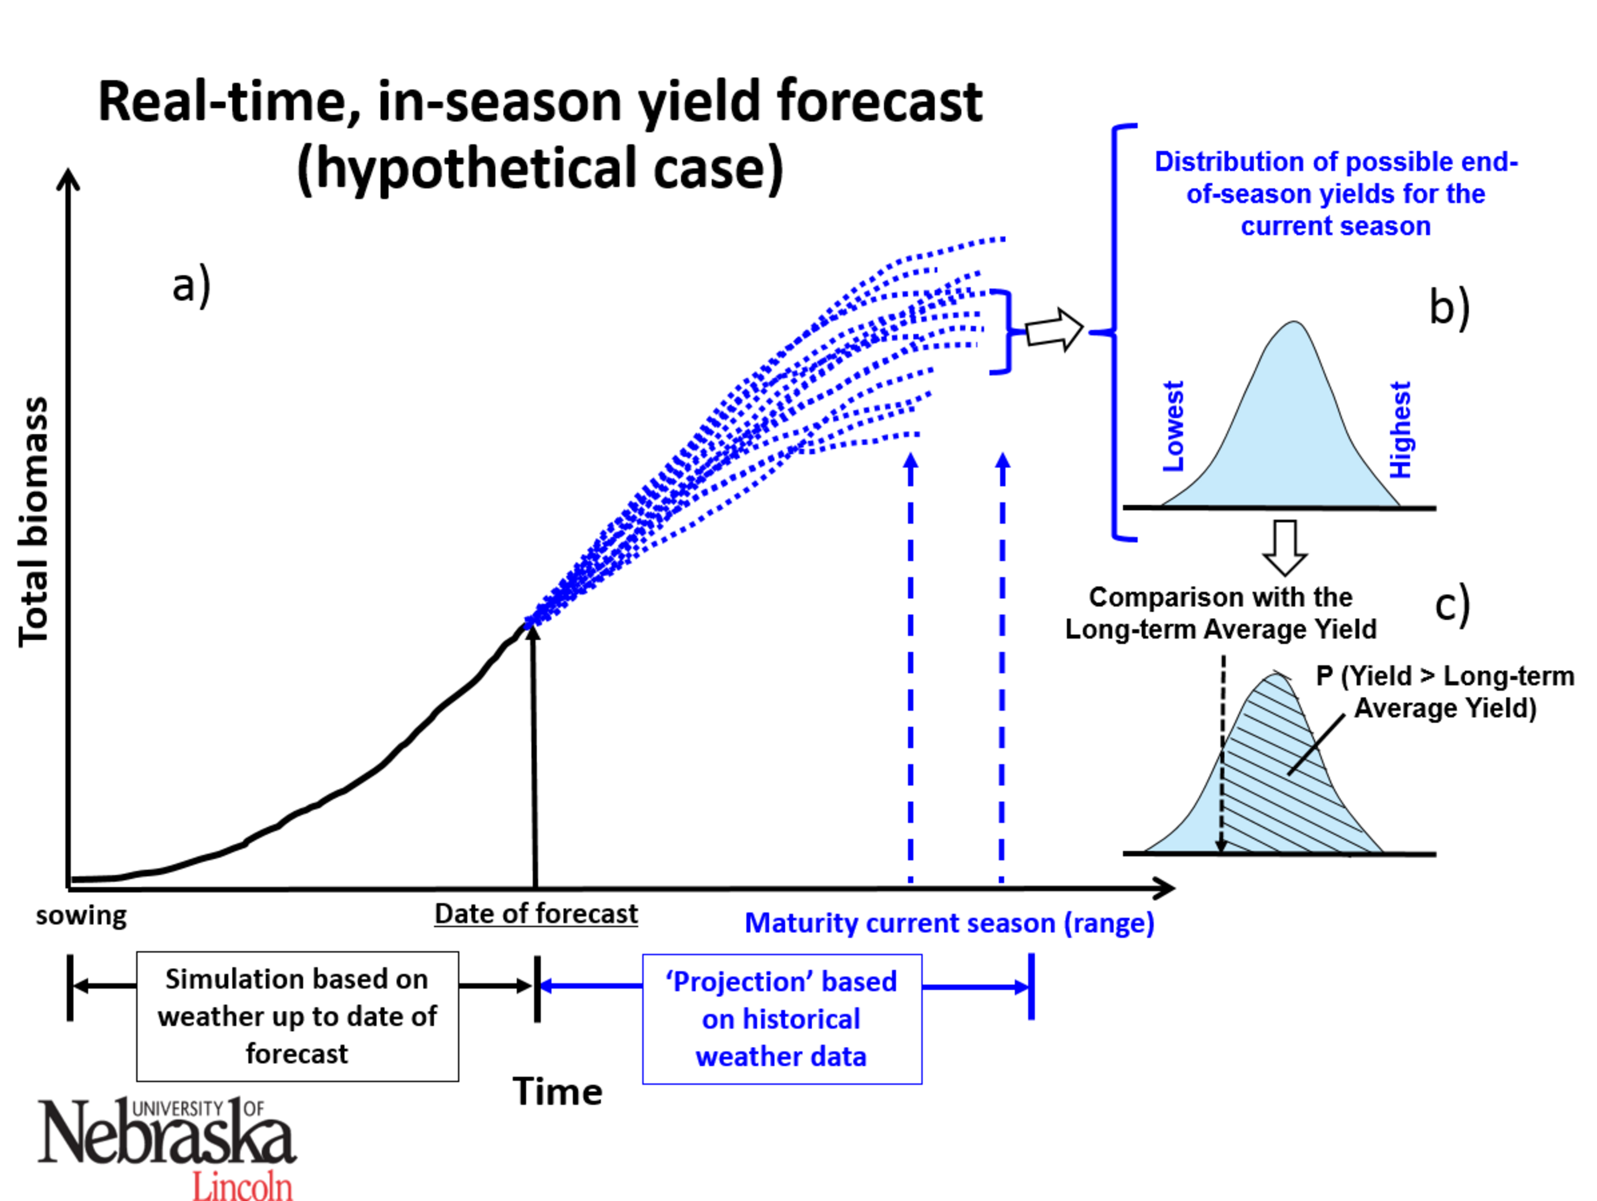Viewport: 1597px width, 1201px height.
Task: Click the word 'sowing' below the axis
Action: (x=81, y=916)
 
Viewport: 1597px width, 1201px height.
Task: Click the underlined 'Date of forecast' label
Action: (x=536, y=914)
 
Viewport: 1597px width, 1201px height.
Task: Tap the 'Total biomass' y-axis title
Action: (x=33, y=521)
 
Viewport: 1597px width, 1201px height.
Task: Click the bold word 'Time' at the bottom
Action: (x=557, y=1091)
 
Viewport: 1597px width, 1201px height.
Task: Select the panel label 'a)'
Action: (x=191, y=285)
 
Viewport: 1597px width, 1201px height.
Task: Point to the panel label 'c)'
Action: (x=1452, y=605)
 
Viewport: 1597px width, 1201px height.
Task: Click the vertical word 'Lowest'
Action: (x=1174, y=426)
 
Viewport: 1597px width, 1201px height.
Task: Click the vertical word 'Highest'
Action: (x=1401, y=430)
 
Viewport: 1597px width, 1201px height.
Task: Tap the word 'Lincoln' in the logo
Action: (x=242, y=1184)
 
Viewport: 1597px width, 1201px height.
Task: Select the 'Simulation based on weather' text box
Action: (x=297, y=1016)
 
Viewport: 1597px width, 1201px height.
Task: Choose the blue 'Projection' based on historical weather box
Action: (x=782, y=1019)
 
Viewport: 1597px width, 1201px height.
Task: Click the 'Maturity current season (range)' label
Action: (x=949, y=923)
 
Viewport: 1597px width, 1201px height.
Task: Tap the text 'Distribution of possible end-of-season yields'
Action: (x=1336, y=194)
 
